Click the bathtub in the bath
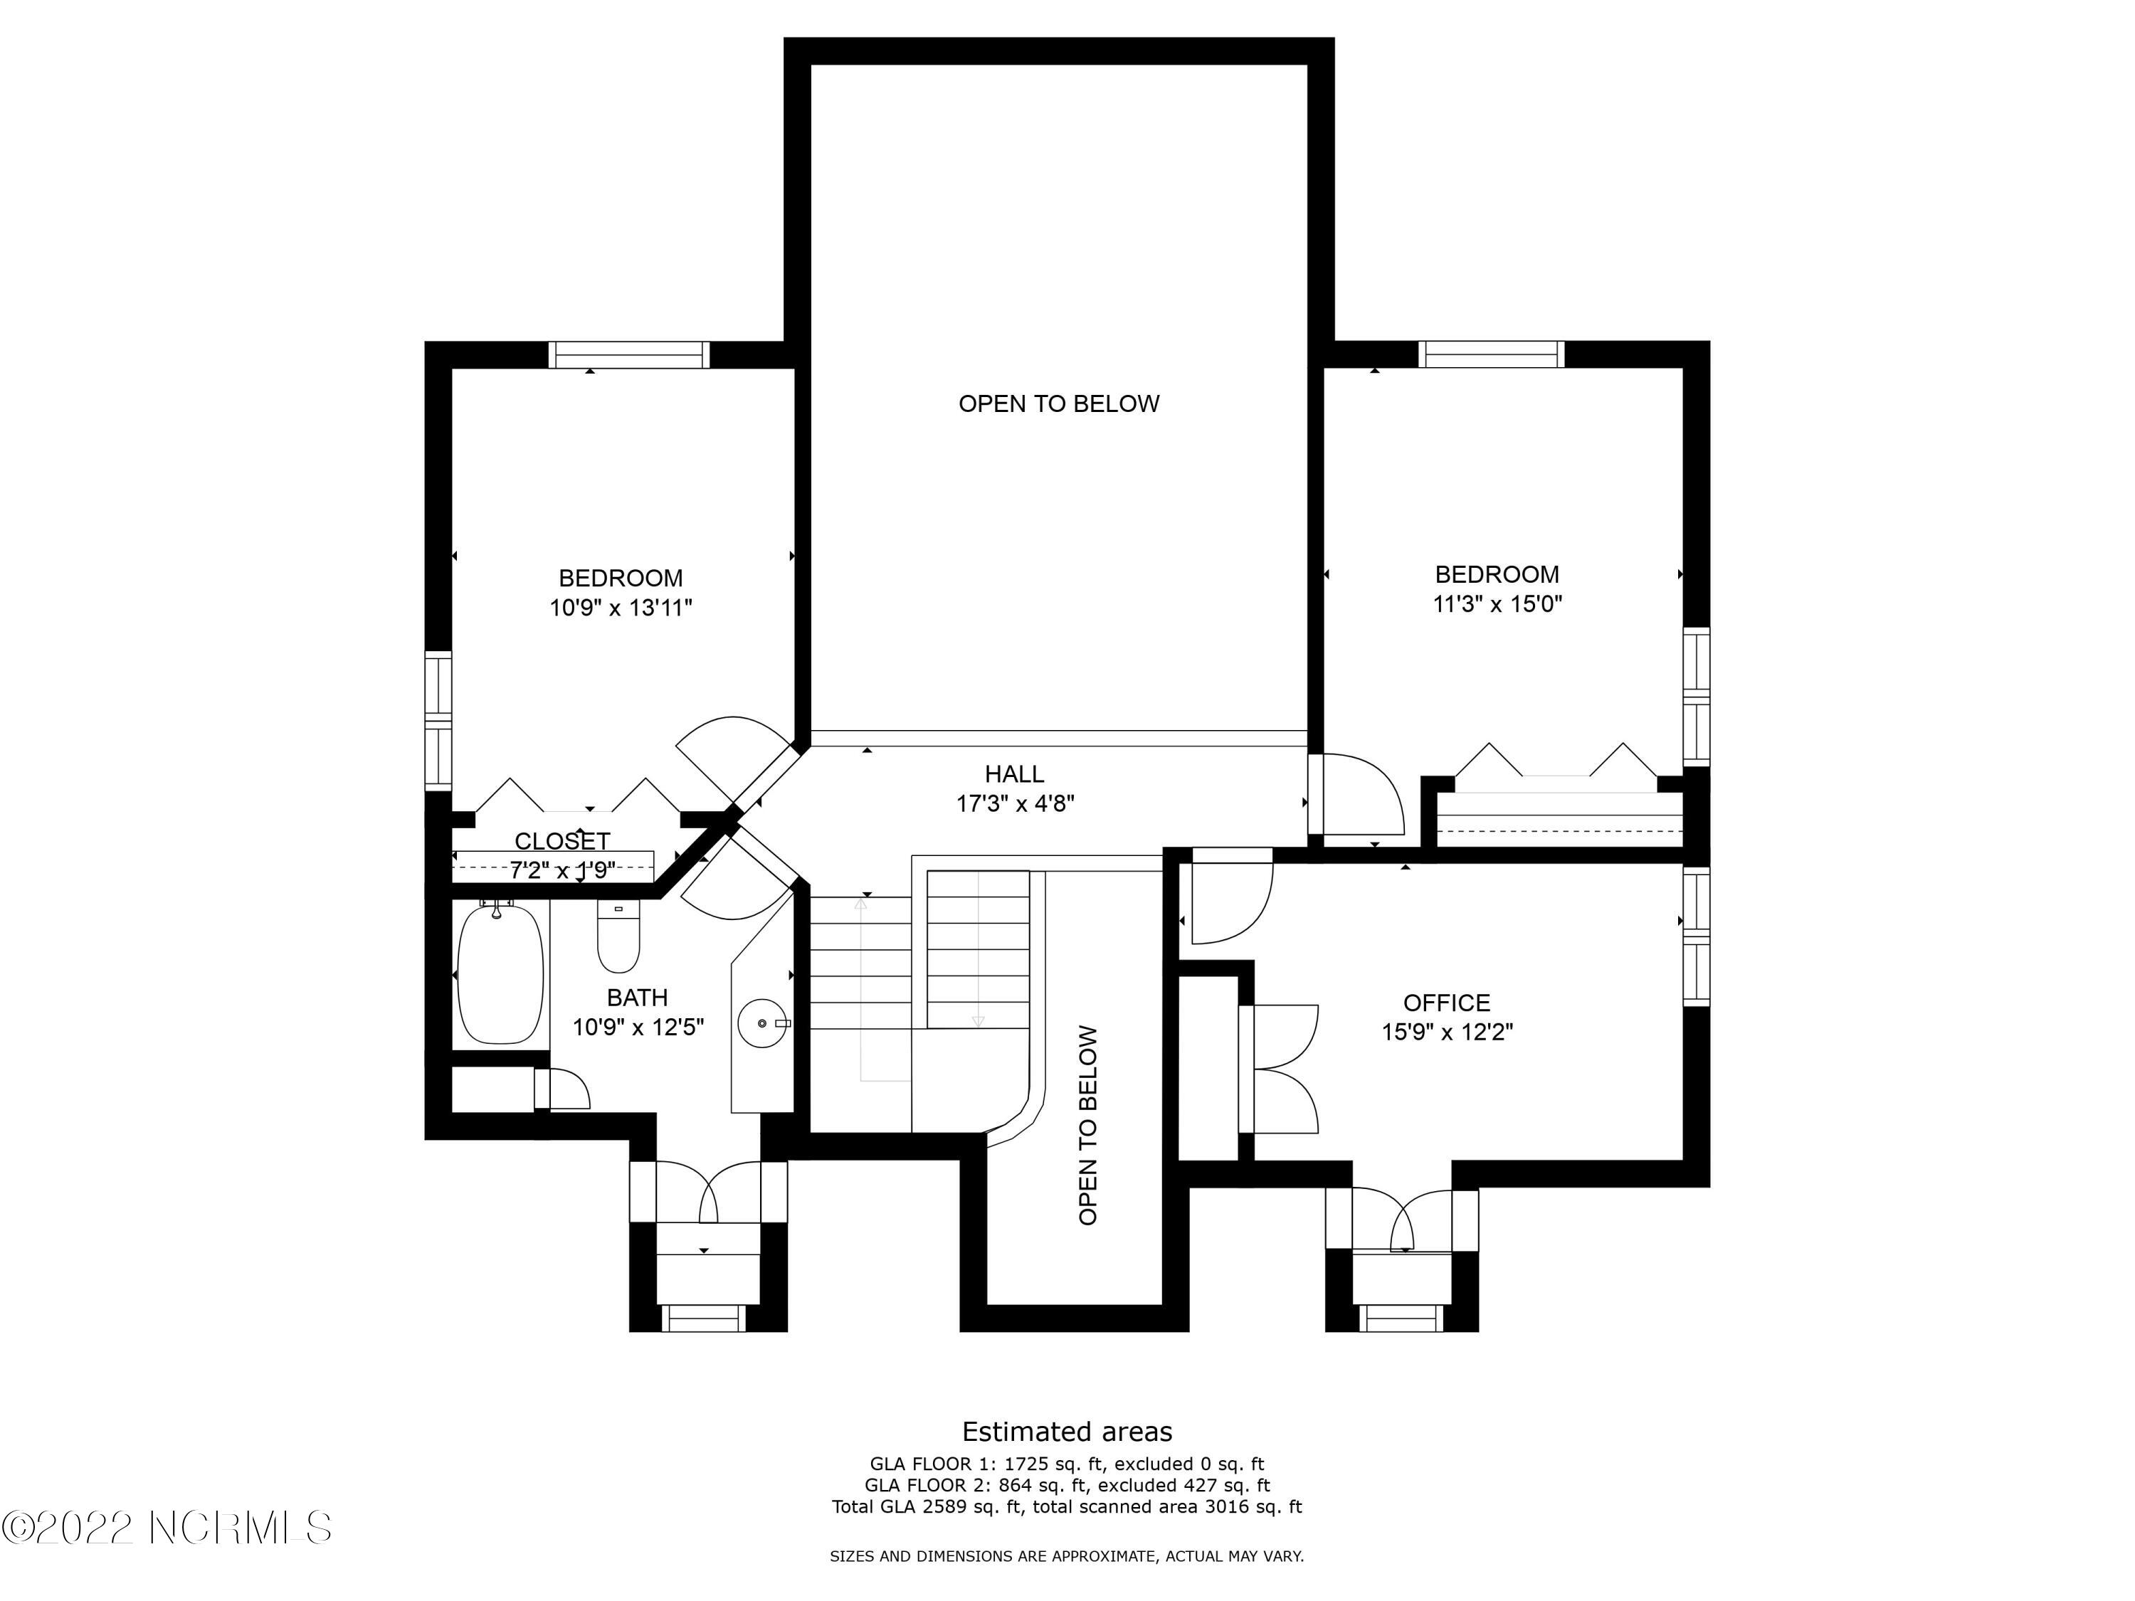coord(500,975)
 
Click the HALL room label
coord(1014,774)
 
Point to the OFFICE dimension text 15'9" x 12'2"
coord(1447,1032)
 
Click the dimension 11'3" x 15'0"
coord(1497,604)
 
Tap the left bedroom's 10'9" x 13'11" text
coord(621,608)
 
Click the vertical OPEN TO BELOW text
coord(1087,1125)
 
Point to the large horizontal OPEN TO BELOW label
coord(1059,403)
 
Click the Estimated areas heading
coord(1067,1431)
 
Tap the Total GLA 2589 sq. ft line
coord(1067,1506)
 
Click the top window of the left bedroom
coord(629,355)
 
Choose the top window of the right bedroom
coord(1491,354)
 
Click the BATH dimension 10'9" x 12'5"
coord(638,1027)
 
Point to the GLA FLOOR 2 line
coord(1067,1485)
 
